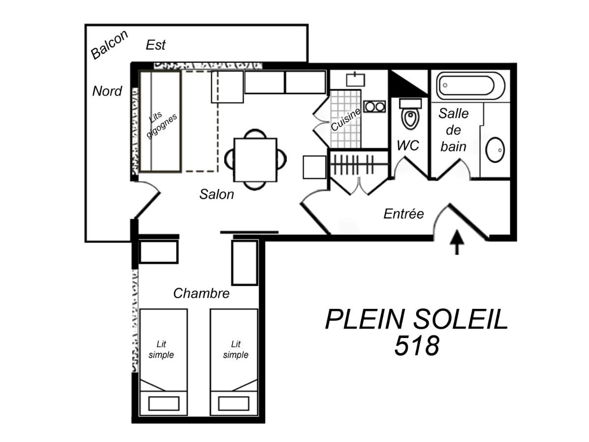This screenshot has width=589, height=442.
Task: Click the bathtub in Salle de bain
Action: [470, 85]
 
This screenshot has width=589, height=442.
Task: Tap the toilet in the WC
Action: [410, 114]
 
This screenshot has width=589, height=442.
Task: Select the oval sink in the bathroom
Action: [495, 150]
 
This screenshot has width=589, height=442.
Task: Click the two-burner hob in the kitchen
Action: [375, 107]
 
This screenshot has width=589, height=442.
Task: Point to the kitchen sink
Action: [355, 80]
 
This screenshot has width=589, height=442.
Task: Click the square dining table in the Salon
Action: [255, 160]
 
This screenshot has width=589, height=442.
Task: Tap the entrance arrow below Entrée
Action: [456, 242]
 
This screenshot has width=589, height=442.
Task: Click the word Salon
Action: [216, 194]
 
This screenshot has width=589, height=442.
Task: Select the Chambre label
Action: [201, 293]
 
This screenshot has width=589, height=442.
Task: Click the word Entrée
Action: [403, 214]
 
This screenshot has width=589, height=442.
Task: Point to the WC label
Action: [408, 145]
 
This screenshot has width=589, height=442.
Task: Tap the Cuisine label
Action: [346, 119]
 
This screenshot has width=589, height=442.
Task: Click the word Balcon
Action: [109, 45]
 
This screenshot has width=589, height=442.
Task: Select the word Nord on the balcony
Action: [107, 91]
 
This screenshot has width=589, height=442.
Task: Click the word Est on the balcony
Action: [156, 45]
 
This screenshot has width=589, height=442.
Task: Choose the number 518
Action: [417, 346]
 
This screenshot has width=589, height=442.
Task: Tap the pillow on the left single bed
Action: [163, 403]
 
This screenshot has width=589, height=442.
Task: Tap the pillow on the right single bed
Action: [234, 403]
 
